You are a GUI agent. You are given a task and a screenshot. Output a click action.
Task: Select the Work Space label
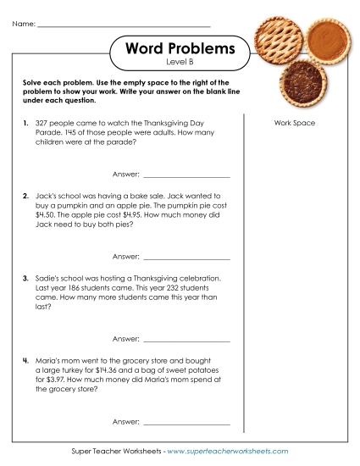tap(294, 124)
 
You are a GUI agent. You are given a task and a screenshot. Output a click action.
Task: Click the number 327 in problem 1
tap(42, 124)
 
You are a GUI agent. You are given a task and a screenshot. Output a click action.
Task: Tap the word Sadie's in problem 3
tap(50, 277)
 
